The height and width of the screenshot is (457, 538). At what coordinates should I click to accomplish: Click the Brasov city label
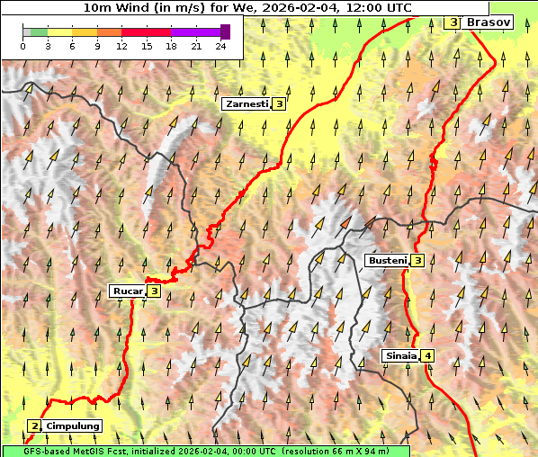click(489, 22)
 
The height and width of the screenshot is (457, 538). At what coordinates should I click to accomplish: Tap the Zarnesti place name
click(247, 104)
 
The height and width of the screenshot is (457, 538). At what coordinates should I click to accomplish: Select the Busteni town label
click(387, 261)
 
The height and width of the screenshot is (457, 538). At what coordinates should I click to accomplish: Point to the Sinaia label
click(400, 355)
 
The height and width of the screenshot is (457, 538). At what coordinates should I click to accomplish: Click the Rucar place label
click(128, 291)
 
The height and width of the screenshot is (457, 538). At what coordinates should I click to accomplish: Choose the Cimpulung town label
click(72, 426)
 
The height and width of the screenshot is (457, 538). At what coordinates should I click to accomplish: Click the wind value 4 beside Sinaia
click(428, 355)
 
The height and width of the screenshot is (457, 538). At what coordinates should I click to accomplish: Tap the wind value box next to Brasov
click(453, 22)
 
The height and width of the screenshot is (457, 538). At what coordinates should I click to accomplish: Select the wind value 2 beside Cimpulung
click(34, 426)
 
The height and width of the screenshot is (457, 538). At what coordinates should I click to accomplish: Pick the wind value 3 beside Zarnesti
click(280, 104)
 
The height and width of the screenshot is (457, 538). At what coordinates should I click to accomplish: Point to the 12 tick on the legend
click(121, 46)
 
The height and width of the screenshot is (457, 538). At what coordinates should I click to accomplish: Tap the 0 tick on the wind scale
click(22, 46)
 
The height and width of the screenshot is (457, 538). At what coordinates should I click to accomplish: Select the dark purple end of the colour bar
click(225, 31)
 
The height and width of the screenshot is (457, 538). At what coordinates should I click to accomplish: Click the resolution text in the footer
click(345, 451)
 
